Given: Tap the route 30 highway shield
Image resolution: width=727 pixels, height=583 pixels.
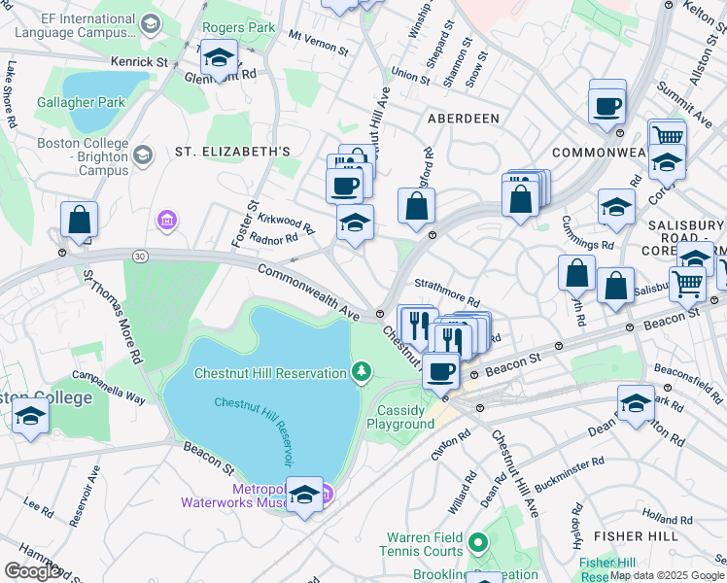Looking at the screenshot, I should coord(141,255).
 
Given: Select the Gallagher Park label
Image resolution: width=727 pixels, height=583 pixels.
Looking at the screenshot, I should coord(67,102).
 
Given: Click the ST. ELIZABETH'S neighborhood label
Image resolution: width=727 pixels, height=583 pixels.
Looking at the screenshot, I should coord(232,152).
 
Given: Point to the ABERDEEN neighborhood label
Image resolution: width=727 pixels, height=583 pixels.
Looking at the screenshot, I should coord(463,118).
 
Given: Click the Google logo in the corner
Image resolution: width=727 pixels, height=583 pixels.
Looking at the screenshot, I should coord(32,571).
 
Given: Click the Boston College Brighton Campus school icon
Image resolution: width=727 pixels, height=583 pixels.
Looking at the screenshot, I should coord(144,155).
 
